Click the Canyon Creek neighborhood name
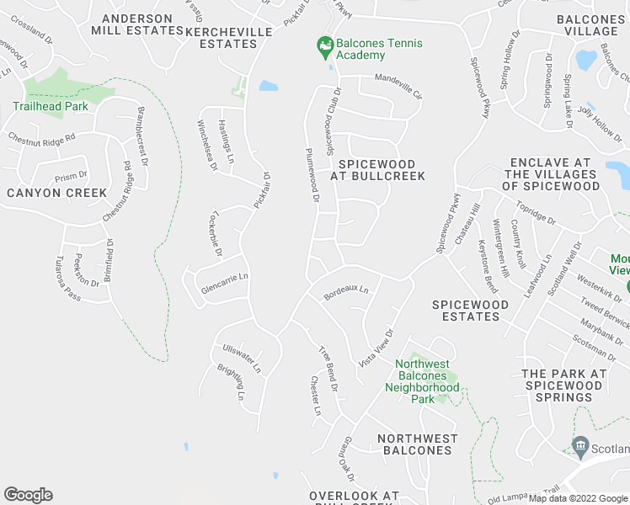[57, 193]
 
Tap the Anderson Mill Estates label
[141, 24]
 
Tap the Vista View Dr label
[376, 347]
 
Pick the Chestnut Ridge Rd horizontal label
[42, 136]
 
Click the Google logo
[28, 495]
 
